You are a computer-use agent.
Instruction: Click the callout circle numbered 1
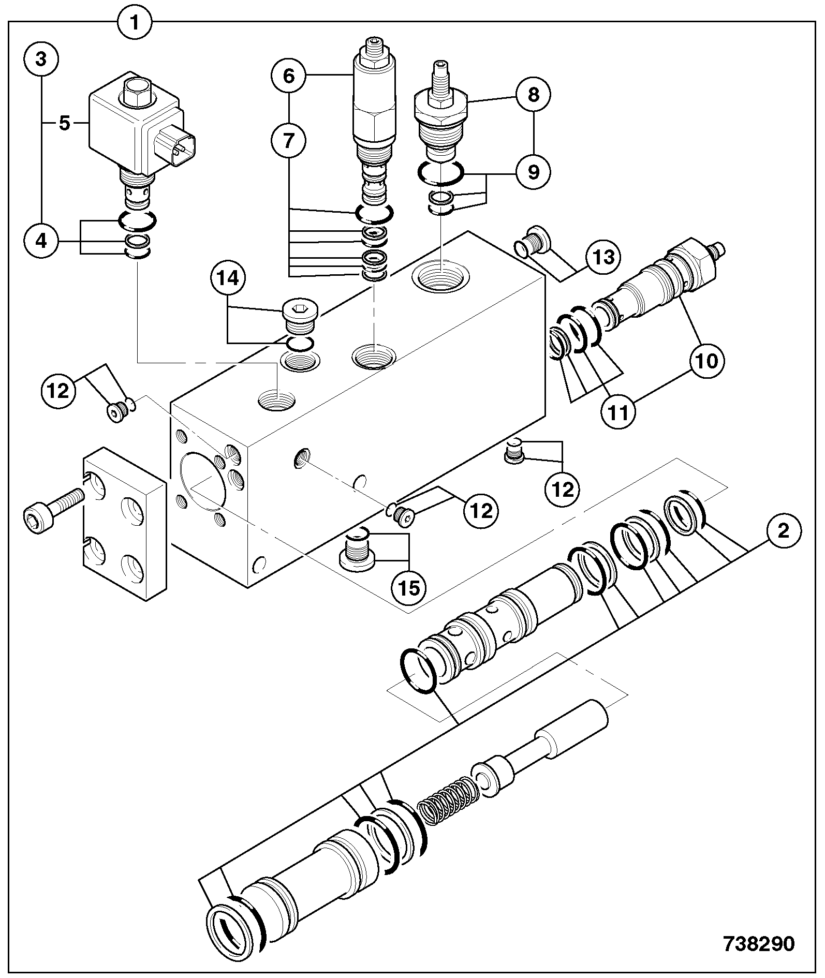pos(135,23)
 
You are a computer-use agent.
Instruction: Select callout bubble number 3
pos(41,60)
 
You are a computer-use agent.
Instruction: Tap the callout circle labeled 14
pos(228,279)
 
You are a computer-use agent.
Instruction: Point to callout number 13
pos(604,257)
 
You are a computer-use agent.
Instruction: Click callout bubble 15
pos(409,587)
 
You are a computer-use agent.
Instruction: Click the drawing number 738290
pos(758,943)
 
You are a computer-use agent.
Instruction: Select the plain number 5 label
pos(64,124)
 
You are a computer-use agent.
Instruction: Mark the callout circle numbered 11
pos(619,412)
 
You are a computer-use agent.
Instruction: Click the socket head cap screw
pos(54,505)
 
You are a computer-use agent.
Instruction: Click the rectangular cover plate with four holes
pos(125,524)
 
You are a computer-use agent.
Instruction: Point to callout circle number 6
pos(288,77)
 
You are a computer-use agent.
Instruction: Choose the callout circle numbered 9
pos(533,172)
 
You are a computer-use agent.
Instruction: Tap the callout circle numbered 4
pos(41,241)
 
